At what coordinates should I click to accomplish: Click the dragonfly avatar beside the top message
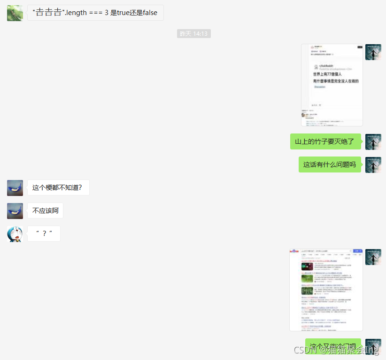[15, 13]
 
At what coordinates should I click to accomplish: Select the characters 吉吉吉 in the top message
[49, 13]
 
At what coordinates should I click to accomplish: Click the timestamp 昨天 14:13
[193, 34]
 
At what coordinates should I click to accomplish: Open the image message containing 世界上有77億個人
[332, 85]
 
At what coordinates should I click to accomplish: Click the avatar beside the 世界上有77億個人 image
[373, 52]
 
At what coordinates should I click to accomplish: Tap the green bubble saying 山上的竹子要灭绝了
[325, 141]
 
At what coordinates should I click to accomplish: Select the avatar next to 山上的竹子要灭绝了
[373, 141]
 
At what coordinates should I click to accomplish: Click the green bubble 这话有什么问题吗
[330, 164]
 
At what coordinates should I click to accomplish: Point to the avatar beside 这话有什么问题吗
[373, 164]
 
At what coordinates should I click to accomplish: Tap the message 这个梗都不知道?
[58, 188]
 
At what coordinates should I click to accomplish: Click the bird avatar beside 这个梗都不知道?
[15, 188]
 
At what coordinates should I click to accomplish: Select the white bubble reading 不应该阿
[45, 211]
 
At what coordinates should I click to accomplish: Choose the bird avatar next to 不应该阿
[15, 211]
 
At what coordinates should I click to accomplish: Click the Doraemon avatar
[15, 234]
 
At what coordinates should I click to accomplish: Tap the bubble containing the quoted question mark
[44, 234]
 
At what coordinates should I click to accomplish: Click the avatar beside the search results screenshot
[373, 257]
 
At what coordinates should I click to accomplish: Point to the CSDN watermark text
[336, 350]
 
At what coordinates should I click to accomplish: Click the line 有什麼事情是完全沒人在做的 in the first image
[336, 81]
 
